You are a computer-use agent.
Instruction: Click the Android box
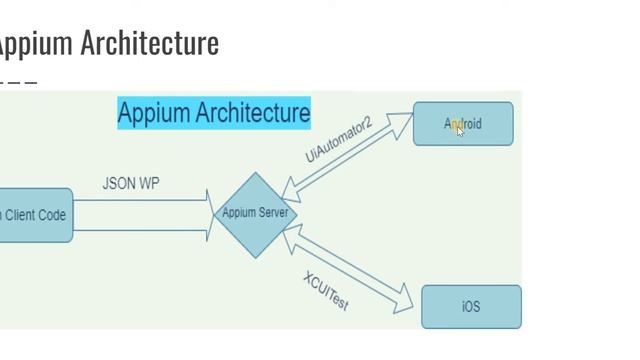(463, 124)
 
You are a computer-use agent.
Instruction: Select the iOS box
(471, 307)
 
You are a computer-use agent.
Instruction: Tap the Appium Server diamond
(255, 214)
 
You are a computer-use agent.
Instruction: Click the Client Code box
(35, 215)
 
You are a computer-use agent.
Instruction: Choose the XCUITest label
(326, 290)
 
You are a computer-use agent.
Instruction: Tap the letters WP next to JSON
(148, 184)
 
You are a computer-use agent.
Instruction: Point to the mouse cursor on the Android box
(460, 130)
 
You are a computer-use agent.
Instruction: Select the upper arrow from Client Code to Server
(140, 199)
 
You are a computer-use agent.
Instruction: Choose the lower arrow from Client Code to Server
(140, 231)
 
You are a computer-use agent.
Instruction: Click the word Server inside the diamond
(272, 213)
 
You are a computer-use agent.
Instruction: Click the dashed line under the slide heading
(18, 82)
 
